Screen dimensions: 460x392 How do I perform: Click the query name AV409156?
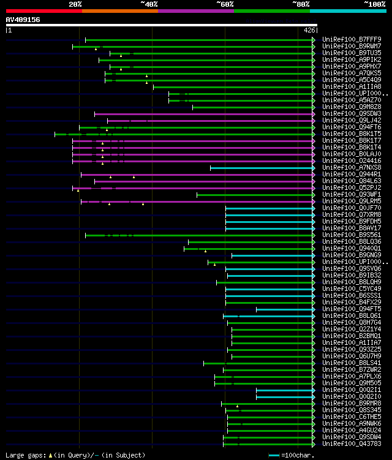click(23, 20)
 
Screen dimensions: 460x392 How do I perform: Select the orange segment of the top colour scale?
click(119, 10)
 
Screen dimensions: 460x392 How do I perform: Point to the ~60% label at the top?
click(225, 4)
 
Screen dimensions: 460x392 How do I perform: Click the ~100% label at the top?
click(374, 4)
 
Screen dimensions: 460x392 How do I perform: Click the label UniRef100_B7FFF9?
click(352, 40)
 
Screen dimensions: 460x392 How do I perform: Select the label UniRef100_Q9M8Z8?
click(352, 107)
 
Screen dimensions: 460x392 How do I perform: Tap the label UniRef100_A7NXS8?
click(352, 168)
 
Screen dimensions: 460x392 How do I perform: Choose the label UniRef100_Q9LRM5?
click(352, 202)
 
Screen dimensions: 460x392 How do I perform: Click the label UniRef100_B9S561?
click(352, 235)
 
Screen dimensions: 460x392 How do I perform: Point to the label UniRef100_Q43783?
click(352, 444)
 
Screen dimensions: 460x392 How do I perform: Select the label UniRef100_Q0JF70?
click(352, 208)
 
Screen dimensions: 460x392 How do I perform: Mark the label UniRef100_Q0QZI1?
click(352, 390)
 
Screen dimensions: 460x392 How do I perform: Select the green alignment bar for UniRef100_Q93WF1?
click(255, 195)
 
